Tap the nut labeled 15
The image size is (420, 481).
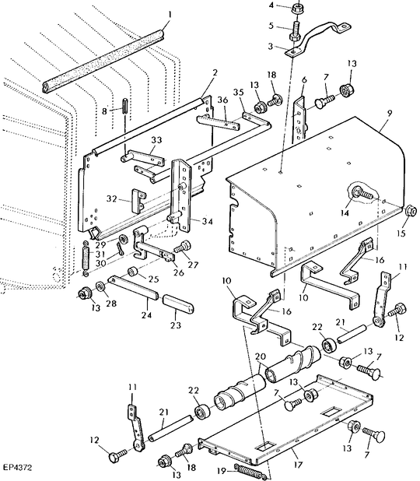click(x=408, y=209)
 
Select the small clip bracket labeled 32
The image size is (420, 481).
click(x=138, y=201)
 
